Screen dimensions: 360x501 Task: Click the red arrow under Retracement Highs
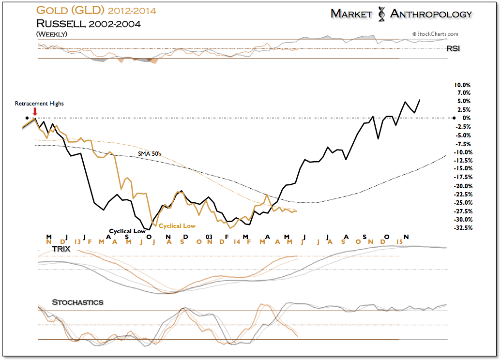(x=35, y=112)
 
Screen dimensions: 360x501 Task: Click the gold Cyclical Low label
(x=177, y=226)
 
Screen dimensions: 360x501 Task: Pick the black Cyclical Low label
(x=127, y=231)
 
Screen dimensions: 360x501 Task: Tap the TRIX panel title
(x=61, y=249)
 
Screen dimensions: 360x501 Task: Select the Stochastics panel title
(x=77, y=302)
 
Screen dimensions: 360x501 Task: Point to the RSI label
(x=453, y=48)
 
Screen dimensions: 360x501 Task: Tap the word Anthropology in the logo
(x=431, y=14)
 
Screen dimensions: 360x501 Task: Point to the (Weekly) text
(x=51, y=34)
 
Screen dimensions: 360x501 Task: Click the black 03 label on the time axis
(x=209, y=237)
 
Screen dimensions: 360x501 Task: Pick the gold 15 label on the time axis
(x=400, y=241)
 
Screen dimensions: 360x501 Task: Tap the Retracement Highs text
(x=39, y=104)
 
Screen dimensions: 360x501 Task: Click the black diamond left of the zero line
(x=28, y=118)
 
